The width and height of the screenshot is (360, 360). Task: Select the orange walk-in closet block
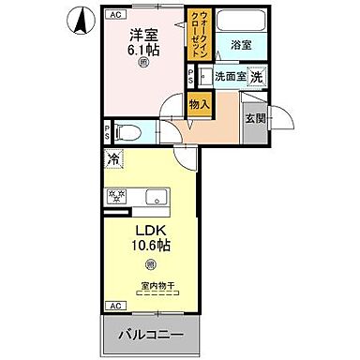[x=202, y=40]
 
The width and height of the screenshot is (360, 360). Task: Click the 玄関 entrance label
[x=256, y=119]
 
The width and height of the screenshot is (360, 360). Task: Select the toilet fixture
[x=130, y=132]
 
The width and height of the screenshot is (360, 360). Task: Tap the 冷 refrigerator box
[x=113, y=161]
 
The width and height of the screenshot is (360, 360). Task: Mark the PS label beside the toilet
[x=108, y=132]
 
